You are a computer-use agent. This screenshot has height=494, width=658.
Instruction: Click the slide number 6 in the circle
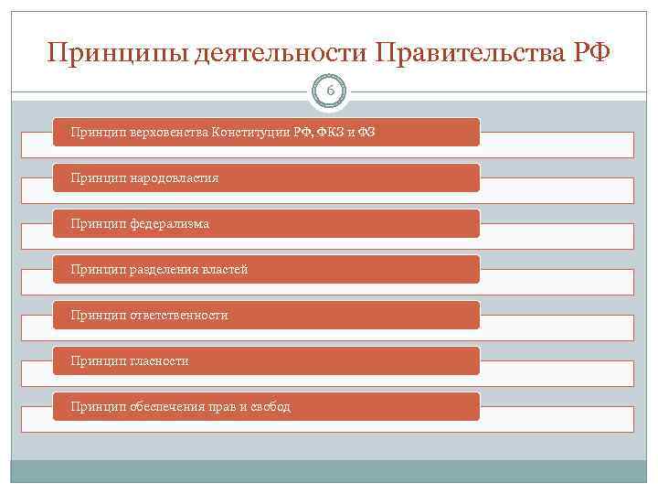(x=330, y=90)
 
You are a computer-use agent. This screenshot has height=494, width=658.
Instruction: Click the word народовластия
(x=173, y=177)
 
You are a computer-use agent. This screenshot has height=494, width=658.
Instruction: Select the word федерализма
(x=168, y=223)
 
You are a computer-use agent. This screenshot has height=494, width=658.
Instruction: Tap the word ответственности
(x=177, y=315)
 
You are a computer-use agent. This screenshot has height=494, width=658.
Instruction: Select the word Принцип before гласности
(x=97, y=360)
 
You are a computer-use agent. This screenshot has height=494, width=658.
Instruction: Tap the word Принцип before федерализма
(x=97, y=223)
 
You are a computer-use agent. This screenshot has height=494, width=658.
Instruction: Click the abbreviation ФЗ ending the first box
(x=366, y=132)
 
